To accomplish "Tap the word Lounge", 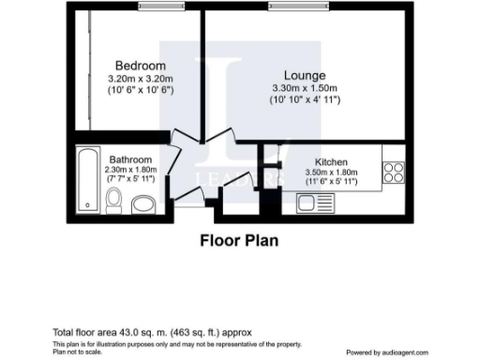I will (306, 75).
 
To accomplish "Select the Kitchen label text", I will (332, 161).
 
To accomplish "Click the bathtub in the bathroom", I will (87, 179).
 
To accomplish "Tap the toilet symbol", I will (114, 200).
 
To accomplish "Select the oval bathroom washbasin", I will (142, 203).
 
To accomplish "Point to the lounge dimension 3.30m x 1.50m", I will (307, 87).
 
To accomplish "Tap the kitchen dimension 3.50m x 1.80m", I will (333, 172).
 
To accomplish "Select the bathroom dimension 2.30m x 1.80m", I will (130, 170).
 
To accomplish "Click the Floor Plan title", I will (240, 240).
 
